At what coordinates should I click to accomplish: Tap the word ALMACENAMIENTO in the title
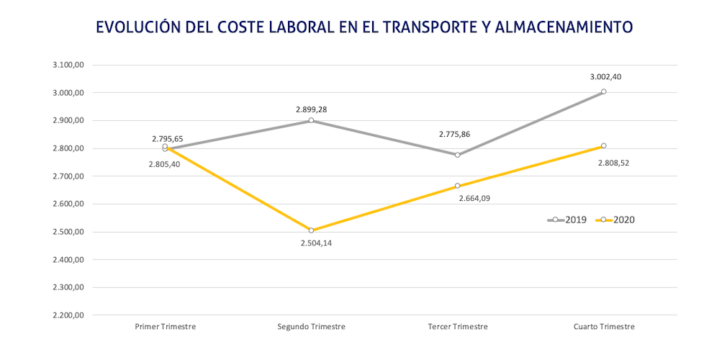(568, 27)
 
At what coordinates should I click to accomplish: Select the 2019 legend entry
(568, 220)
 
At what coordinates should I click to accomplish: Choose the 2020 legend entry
(616, 220)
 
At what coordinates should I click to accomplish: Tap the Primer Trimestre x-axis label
(166, 326)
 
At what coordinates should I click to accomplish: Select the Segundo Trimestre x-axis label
(311, 326)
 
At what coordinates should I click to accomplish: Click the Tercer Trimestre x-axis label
(458, 326)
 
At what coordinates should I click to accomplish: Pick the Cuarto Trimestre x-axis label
(604, 326)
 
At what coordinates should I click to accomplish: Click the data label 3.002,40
(605, 77)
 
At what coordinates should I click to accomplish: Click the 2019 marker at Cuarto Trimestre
(604, 91)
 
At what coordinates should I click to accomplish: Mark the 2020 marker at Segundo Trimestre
(311, 230)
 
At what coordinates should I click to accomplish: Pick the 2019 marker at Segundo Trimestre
(311, 120)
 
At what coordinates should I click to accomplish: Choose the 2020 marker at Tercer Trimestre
(458, 186)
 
